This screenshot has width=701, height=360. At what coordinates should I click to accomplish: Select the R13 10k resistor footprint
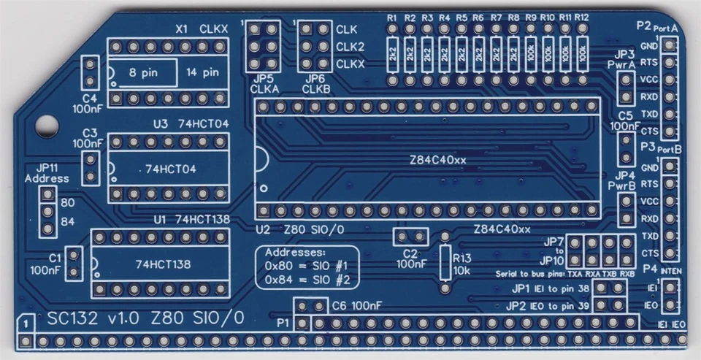click(444, 261)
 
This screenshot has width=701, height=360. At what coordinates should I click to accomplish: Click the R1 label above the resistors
click(392, 18)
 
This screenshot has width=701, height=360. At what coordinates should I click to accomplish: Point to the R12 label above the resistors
click(581, 18)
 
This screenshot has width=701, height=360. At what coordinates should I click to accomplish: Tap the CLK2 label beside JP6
click(350, 47)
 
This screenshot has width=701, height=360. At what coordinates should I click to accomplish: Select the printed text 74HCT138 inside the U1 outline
click(163, 264)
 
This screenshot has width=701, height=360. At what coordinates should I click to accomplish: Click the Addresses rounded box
click(310, 267)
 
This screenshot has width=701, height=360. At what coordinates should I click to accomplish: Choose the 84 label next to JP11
click(67, 221)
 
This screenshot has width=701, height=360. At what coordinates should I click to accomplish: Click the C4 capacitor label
click(90, 98)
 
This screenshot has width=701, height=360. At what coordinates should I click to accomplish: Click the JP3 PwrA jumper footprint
click(625, 88)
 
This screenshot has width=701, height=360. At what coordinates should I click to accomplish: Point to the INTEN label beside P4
click(672, 271)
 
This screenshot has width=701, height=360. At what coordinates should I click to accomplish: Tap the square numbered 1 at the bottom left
click(26, 322)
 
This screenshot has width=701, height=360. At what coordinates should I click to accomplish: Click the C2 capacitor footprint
click(410, 237)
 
